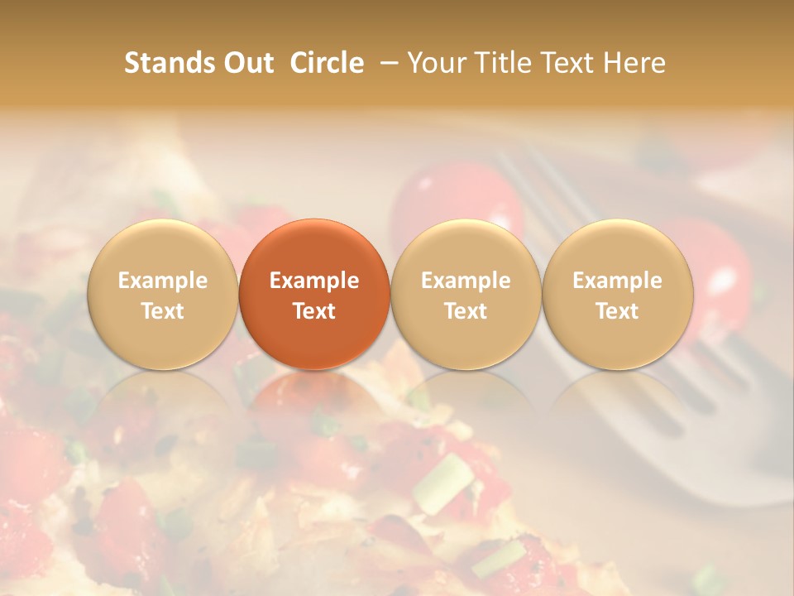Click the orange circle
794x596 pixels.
314,294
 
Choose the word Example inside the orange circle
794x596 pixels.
314,281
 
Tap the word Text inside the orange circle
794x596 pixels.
314,311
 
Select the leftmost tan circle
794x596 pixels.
162,294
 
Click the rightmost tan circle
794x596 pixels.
618,294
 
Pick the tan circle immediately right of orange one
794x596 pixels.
466,294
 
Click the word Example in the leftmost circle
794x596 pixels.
162,281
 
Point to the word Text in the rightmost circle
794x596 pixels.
618,311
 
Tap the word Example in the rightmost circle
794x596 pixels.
618,281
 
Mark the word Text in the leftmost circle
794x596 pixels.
162,311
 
